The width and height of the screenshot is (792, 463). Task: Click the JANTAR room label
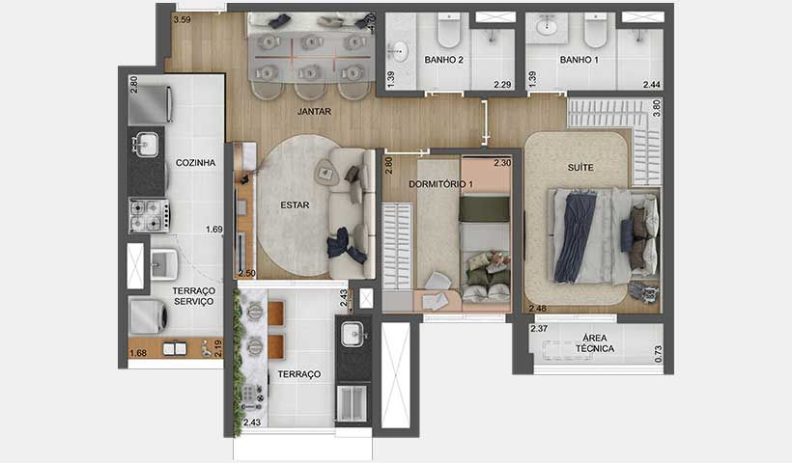tap(314, 112)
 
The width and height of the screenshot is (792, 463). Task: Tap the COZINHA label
tap(195, 163)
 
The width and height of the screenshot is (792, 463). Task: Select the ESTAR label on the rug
tap(295, 205)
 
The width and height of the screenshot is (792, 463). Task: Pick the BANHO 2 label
tap(444, 60)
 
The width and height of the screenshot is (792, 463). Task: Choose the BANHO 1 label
tap(580, 60)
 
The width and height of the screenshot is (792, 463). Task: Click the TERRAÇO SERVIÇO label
tap(193, 296)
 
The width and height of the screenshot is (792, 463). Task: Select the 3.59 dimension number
tap(182, 18)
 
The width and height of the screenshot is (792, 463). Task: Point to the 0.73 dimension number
tap(658, 355)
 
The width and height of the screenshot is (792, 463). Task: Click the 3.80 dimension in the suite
tap(657, 109)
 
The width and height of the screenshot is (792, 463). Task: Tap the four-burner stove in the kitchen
tap(149, 215)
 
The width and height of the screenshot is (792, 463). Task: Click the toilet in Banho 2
tap(448, 34)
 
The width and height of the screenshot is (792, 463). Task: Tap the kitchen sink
tap(147, 147)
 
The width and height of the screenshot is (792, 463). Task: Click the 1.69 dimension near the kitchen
tap(214, 230)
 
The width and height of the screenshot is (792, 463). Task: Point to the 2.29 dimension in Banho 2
tap(502, 85)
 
